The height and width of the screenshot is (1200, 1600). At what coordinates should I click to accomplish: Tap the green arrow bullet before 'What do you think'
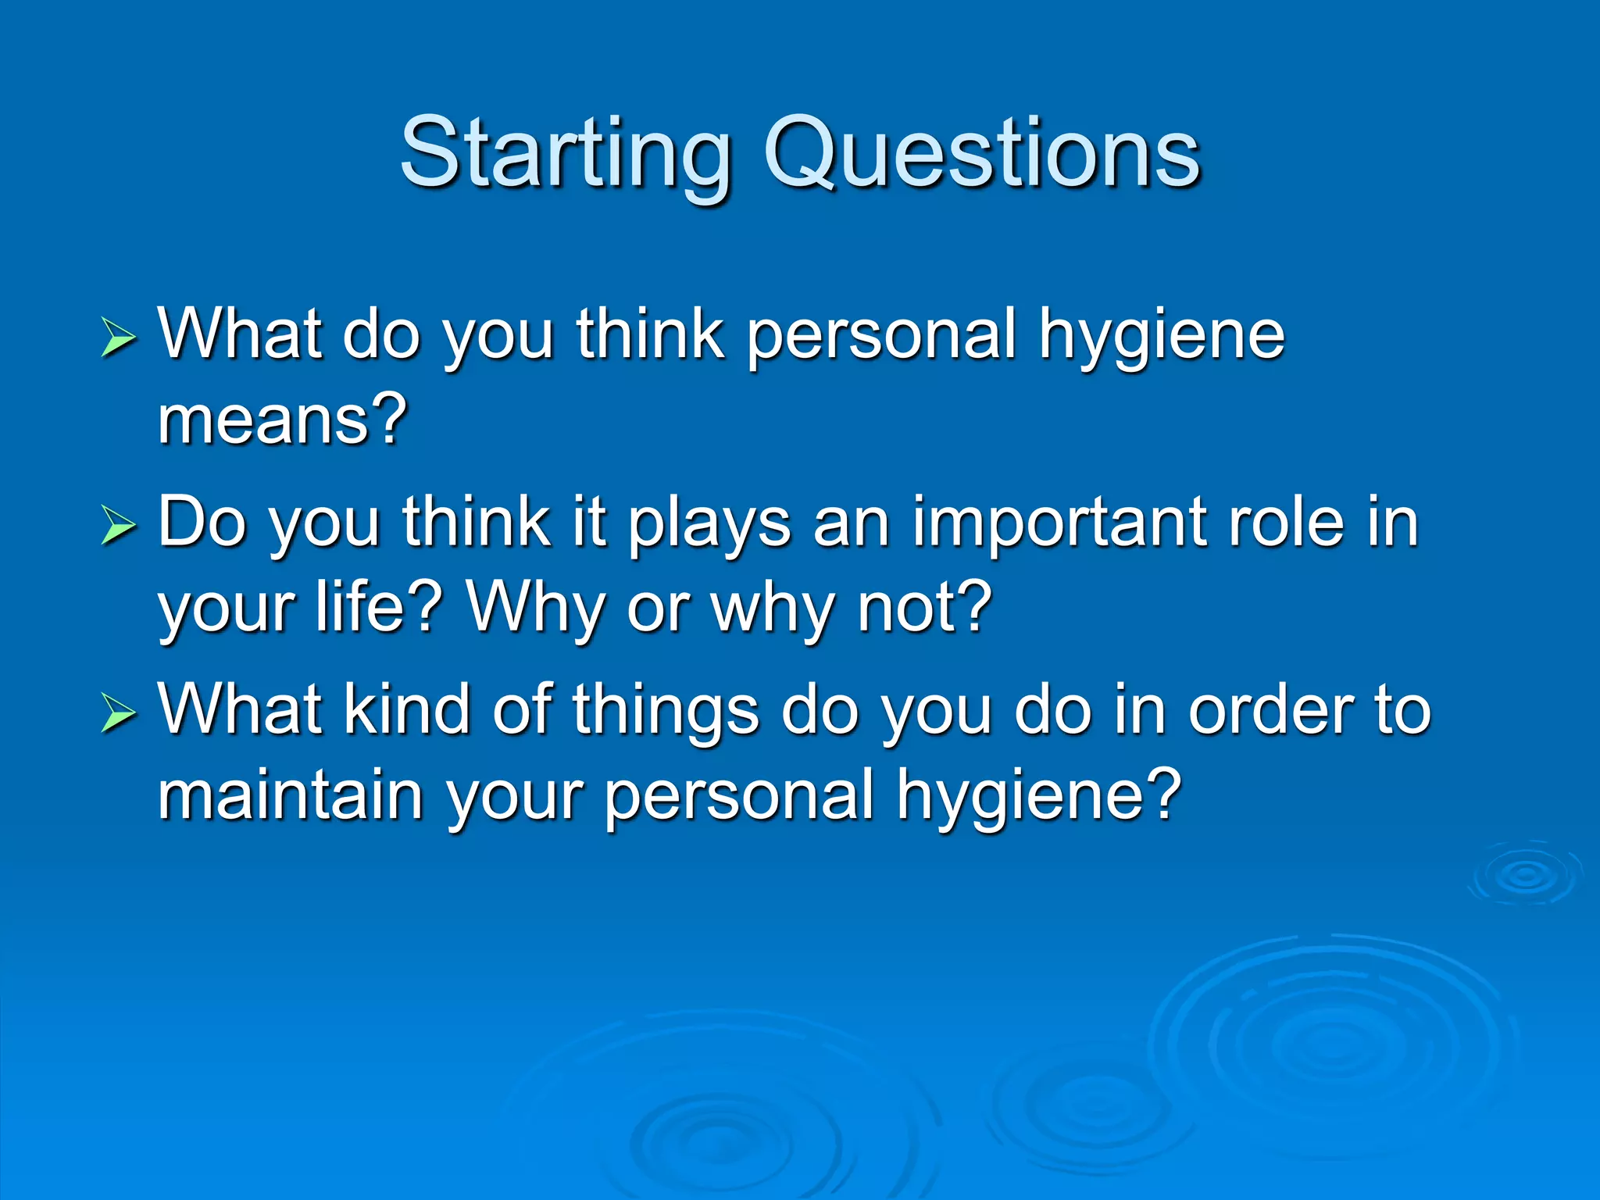pos(119,339)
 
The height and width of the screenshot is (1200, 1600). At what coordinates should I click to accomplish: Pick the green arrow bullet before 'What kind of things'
pos(119,714)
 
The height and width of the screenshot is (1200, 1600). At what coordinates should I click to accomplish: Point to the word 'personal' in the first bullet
pos(881,336)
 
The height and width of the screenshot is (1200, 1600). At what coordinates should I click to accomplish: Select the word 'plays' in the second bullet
pos(709,523)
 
